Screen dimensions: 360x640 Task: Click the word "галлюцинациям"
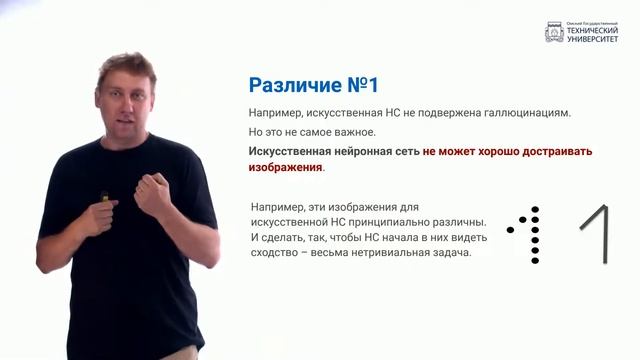coord(524,113)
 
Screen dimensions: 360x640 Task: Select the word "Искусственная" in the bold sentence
coord(287,152)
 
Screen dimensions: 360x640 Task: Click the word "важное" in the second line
coord(349,132)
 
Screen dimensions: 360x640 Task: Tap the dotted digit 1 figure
coord(532,236)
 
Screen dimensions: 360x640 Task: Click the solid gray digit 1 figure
coord(598,235)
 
